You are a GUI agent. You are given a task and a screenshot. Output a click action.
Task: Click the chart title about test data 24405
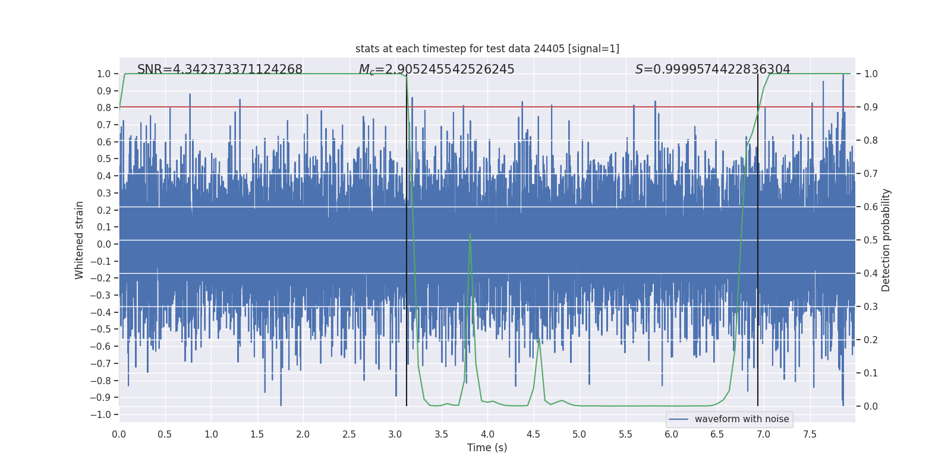point(487,49)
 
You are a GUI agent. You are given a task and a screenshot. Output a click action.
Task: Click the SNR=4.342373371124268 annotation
point(220,69)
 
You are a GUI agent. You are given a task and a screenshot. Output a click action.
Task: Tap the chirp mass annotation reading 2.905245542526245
point(436,69)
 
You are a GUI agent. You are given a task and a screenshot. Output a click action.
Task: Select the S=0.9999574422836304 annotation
point(713,69)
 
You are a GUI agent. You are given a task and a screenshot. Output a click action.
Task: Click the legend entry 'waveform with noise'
point(741,419)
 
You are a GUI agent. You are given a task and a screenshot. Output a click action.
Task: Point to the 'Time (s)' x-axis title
point(487,448)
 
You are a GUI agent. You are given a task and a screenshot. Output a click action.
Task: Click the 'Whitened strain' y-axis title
point(80,240)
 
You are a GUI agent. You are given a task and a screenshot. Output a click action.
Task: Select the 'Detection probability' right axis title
point(886,240)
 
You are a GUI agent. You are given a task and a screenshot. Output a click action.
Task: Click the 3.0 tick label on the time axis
point(395,434)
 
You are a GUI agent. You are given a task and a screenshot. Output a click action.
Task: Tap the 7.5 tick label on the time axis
point(810,434)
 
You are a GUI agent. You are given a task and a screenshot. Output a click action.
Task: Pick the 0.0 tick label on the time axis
point(119,434)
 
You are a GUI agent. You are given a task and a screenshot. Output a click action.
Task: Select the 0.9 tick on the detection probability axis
point(871,107)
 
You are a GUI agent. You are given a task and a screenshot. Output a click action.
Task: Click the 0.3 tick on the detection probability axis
point(871,307)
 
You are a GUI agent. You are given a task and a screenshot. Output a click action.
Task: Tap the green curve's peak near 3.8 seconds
point(470,234)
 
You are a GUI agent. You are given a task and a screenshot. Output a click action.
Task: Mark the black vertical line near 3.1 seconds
point(407,237)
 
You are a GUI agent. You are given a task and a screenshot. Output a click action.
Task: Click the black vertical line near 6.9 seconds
point(758,237)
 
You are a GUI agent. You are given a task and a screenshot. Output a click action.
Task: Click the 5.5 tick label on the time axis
point(625,434)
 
